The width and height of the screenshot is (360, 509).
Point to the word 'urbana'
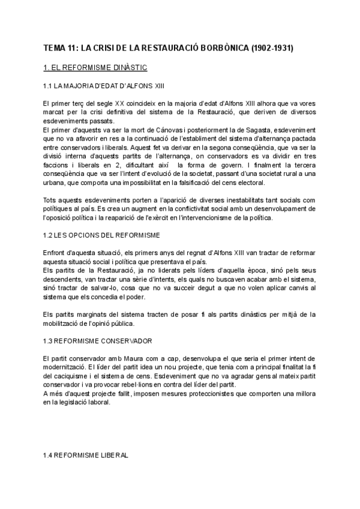pyautogui.click(x=56, y=182)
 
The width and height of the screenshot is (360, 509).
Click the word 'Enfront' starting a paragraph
pyautogui.click(x=55, y=252)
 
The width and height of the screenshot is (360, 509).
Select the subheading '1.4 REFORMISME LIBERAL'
pyautogui.click(x=86, y=455)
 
